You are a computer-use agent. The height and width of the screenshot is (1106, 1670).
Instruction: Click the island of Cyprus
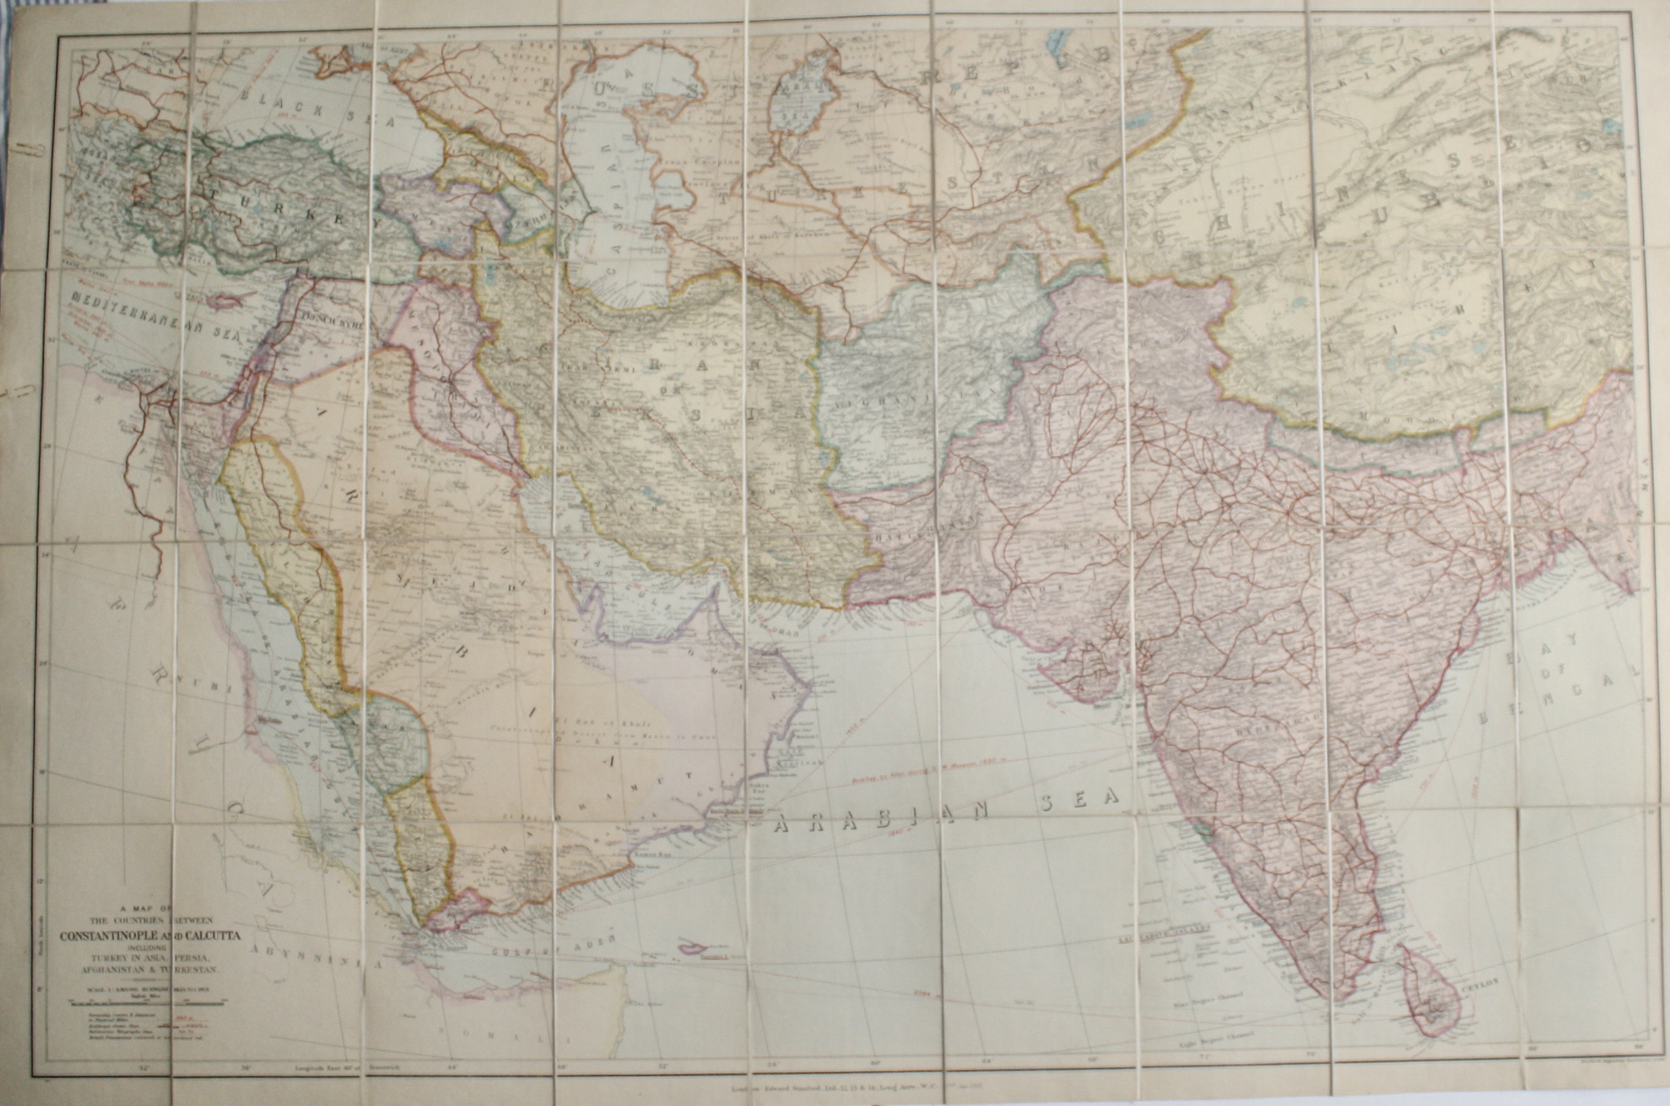coord(220,300)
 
